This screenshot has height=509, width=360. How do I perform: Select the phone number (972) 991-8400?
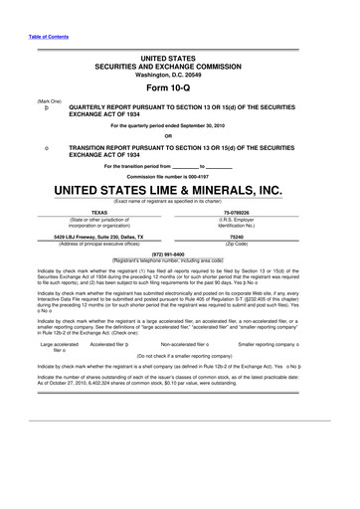coord(180,253)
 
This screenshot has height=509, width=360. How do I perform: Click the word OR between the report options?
coord(180,136)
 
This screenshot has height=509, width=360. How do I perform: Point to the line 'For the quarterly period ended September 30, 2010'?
coord(180,126)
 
